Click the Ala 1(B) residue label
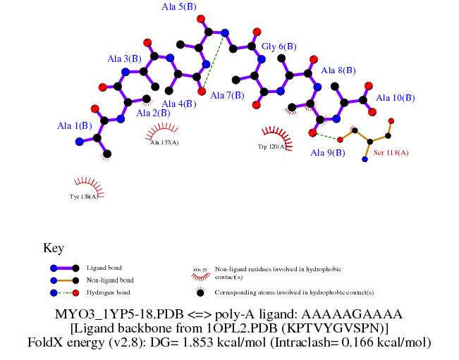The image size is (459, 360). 75,126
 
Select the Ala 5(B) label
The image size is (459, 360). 178,7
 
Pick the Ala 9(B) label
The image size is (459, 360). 328,152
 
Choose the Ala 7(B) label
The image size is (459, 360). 227,95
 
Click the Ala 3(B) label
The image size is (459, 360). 124,58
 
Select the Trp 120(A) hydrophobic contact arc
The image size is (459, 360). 271,134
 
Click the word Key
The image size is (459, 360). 54,248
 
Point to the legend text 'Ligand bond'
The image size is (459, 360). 104,268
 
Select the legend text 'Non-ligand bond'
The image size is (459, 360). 110,280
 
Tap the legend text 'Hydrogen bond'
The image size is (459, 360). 108,292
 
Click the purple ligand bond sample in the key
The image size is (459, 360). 64,268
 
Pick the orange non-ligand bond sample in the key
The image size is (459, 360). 64,280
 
